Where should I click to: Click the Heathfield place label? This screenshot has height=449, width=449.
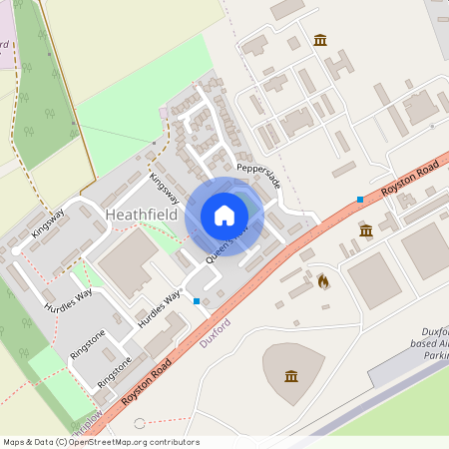point(141,215)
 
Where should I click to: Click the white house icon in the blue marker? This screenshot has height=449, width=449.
point(224,216)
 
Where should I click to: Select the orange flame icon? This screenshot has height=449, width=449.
point(322,282)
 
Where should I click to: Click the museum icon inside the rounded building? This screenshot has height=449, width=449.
point(290,375)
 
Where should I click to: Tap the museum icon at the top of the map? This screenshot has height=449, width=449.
point(319,39)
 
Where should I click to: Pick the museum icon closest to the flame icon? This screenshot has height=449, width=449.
point(365,230)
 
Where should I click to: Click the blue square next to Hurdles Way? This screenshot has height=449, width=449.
point(197,300)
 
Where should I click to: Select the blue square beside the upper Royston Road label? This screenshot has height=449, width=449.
point(359,200)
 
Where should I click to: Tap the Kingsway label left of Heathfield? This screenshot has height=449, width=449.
point(47,223)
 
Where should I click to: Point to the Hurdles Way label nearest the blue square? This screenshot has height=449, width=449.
point(161,309)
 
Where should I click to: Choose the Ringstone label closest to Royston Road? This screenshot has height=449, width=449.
point(114,371)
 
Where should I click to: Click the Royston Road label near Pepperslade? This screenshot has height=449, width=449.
point(408,177)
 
